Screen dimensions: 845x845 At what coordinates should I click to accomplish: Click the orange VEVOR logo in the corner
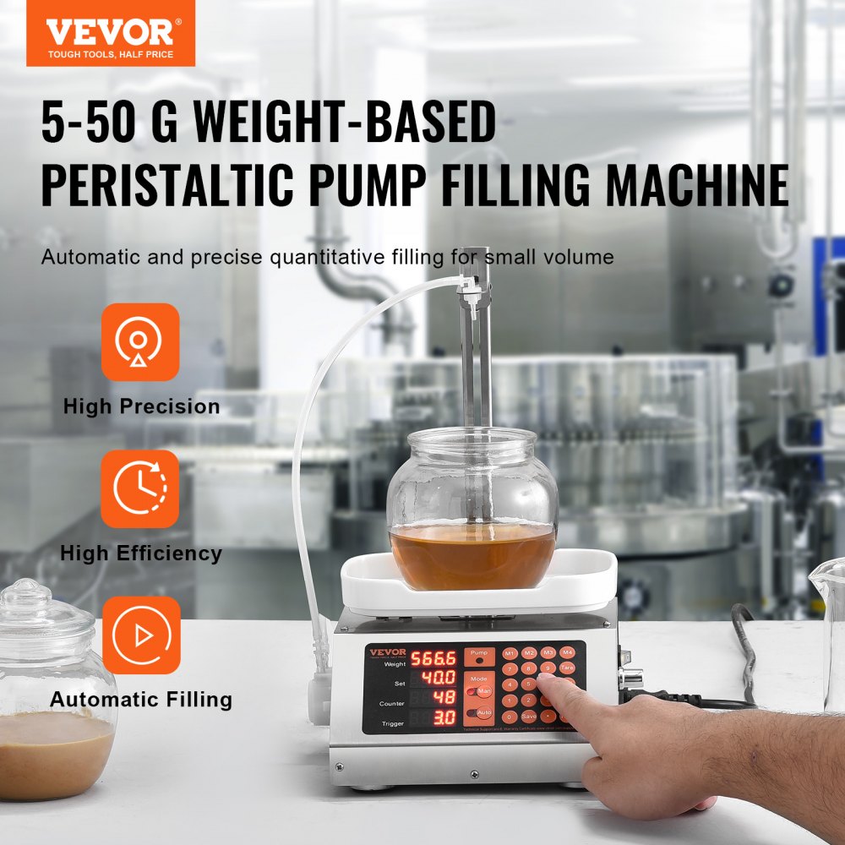(x=110, y=34)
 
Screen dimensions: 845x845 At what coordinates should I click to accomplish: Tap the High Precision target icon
(x=140, y=342)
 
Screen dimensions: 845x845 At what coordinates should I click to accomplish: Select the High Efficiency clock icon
(x=140, y=488)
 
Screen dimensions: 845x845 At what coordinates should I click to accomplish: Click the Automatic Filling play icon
(x=140, y=635)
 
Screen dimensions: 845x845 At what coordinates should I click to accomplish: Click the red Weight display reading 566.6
(x=433, y=658)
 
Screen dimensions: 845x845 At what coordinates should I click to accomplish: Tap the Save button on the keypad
(x=530, y=716)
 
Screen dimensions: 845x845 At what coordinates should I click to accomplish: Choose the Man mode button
(x=481, y=691)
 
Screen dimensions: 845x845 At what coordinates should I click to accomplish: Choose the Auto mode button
(x=481, y=712)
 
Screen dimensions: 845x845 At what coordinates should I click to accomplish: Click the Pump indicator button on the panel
(x=479, y=657)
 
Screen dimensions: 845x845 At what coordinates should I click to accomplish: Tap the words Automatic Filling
(x=140, y=700)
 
